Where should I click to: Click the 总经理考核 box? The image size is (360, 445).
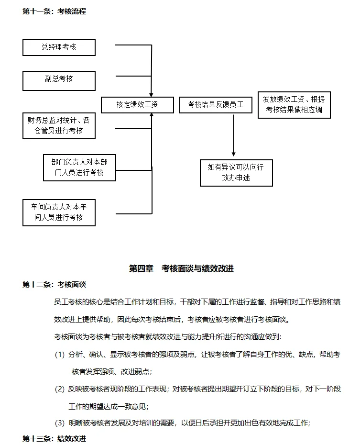59,47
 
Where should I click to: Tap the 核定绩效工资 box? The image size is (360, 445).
137,105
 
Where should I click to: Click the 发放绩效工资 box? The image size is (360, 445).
294,105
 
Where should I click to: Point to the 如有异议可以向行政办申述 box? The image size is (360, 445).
236,172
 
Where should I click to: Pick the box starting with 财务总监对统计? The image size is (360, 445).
59,125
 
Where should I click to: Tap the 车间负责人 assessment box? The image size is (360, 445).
59,212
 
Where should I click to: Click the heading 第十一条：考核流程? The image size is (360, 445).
54,11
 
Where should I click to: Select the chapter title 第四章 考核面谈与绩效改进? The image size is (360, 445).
181,269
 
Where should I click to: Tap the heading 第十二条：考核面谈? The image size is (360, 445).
54,285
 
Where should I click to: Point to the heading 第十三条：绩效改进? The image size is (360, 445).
54,438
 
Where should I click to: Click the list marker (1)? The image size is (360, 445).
60,355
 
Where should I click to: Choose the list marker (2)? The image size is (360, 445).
60,389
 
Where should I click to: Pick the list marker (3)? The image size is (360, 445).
60,423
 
